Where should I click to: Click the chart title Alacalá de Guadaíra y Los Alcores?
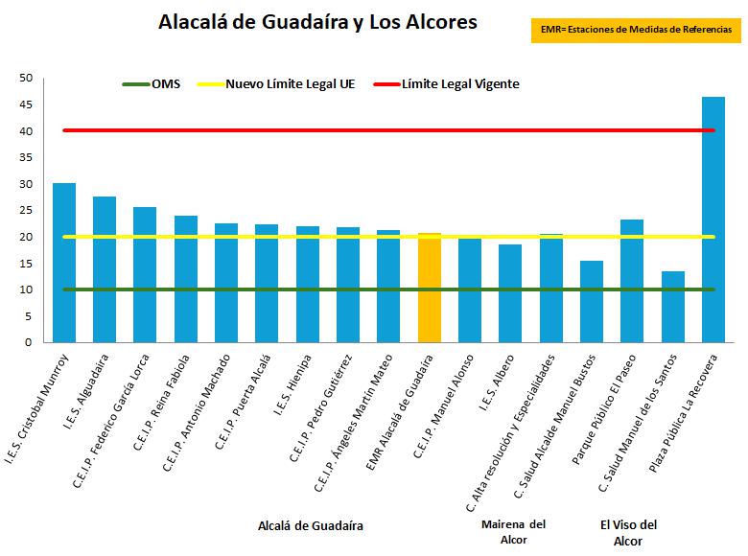click(317, 22)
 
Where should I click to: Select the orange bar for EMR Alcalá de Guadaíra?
click(430, 288)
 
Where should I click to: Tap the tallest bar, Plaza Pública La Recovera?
click(713, 220)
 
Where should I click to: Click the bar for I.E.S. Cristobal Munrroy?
click(64, 263)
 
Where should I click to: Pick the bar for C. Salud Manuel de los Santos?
click(673, 307)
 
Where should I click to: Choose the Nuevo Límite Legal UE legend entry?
click(278, 84)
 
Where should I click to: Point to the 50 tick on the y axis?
click(26, 78)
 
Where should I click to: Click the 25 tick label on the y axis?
click(26, 211)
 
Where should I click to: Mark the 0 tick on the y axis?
click(29, 342)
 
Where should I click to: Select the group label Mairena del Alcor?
click(512, 531)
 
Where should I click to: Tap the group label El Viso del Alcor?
click(628, 532)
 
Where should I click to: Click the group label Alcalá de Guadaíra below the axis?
click(311, 525)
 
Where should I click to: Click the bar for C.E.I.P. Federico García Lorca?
click(145, 274)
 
